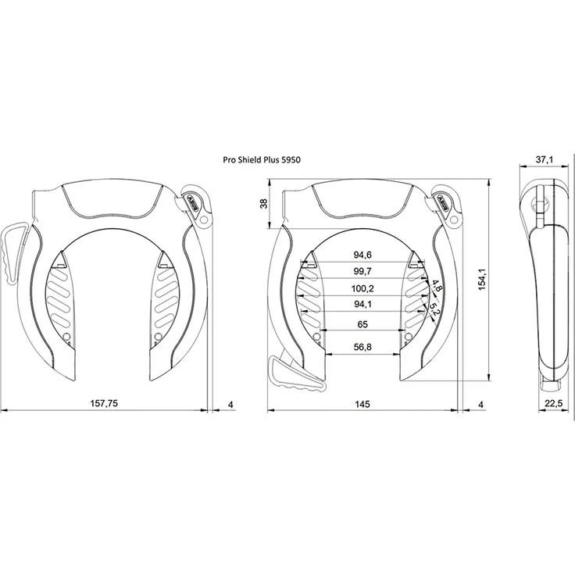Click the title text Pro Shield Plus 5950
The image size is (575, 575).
[x=262, y=160]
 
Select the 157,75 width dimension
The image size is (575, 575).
[x=105, y=403]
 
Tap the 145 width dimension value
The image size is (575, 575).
[x=362, y=404]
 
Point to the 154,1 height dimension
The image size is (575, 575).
[x=482, y=279]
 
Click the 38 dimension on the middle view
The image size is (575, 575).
[x=264, y=204]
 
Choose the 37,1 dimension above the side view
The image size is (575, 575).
[x=545, y=159]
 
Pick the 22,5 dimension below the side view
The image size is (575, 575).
[x=553, y=404]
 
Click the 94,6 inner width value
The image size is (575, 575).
[x=362, y=255]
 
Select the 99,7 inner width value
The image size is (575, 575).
[x=362, y=271]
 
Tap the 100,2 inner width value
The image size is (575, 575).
[x=362, y=288]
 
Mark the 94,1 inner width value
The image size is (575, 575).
[x=362, y=304]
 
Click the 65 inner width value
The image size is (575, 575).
[x=362, y=324]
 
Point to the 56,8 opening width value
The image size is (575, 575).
[x=362, y=347]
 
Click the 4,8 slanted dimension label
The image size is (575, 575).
[x=437, y=286]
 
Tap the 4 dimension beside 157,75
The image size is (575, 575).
[x=230, y=405]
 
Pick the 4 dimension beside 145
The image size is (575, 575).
[x=481, y=405]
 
